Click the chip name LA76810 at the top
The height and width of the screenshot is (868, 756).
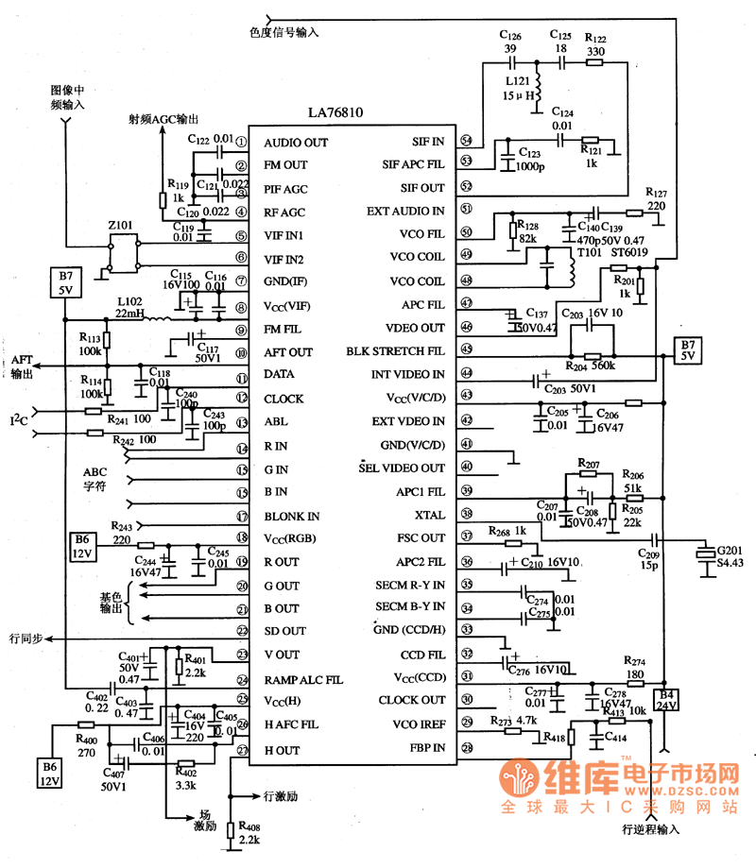tap(335, 112)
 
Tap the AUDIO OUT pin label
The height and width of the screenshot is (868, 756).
tap(296, 143)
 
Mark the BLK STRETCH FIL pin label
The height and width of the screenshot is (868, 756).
tap(400, 351)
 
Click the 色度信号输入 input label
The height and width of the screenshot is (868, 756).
tap(284, 31)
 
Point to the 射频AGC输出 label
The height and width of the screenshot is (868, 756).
tap(164, 120)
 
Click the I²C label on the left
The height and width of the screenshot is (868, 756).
tap(19, 417)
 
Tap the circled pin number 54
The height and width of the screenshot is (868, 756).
tap(466, 142)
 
